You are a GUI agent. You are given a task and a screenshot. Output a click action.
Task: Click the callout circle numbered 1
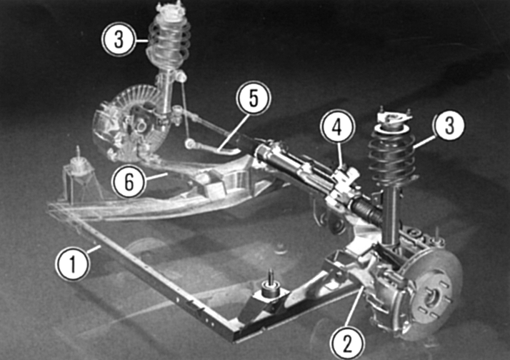[x=72, y=264]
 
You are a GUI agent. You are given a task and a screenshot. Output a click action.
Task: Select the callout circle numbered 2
[x=347, y=344]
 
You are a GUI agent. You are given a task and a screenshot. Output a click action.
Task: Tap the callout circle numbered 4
[x=337, y=127]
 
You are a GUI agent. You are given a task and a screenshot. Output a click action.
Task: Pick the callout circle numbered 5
[x=254, y=98]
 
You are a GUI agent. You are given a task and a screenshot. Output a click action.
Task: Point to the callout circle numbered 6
[x=129, y=181]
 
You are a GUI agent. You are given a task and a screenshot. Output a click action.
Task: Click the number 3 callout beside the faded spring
[x=119, y=40]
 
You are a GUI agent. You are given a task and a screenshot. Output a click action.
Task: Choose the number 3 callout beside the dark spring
[x=449, y=125]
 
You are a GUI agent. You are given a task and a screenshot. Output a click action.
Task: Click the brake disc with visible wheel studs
[x=431, y=294]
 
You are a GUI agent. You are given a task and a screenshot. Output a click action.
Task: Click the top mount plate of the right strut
[x=394, y=119]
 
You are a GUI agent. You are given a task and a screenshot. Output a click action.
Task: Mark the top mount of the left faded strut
[x=169, y=8]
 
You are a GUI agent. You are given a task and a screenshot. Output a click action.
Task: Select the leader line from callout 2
[x=355, y=306]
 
